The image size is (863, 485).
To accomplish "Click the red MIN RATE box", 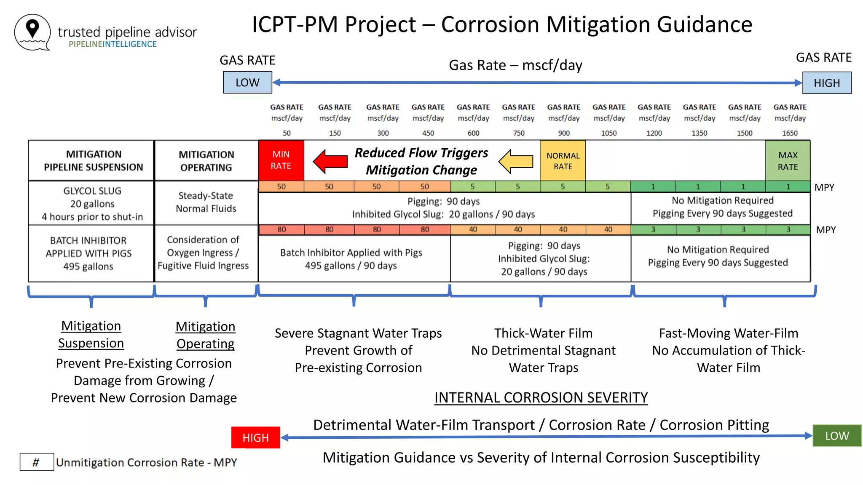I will coord(281,160).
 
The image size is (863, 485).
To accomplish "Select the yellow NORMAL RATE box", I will coord(563,161).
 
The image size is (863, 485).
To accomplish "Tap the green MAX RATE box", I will coord(788,161).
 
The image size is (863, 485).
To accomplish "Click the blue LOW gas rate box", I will coord(247,83).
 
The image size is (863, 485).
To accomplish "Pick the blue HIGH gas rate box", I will coord(826,83).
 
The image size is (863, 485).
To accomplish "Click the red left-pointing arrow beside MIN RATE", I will coord(330,161).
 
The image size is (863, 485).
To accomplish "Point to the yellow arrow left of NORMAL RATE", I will coord(516,161).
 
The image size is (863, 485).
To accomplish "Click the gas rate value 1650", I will coord(790,133).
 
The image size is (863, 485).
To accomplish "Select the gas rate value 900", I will coord(563,133).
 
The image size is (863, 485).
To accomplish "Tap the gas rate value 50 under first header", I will coord(287,133).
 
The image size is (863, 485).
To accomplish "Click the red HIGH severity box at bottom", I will coord(255,438).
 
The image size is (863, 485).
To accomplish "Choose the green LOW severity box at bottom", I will coord(836,436).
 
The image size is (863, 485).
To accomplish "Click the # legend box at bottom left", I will coord(37,462).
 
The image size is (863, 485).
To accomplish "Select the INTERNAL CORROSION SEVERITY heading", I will coord(541,397).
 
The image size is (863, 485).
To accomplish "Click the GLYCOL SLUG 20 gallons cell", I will coord(92,204).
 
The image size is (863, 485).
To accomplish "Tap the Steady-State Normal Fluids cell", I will coord(206,202).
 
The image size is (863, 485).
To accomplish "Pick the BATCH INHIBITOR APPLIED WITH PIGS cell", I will coord(88,253).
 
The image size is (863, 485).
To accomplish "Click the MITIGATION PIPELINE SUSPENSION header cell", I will coord(93,161).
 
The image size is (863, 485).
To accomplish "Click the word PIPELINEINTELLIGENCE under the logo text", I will coord(113,44).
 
